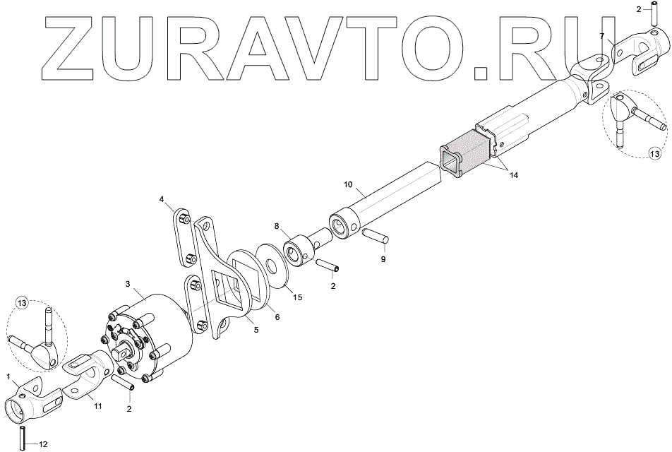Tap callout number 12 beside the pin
click(x=43, y=444)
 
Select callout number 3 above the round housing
click(x=128, y=283)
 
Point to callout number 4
click(x=162, y=199)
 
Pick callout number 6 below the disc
click(x=277, y=317)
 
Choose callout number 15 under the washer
click(x=297, y=297)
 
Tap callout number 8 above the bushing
click(x=277, y=227)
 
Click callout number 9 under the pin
click(x=383, y=259)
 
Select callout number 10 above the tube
click(x=347, y=185)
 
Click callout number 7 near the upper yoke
click(x=602, y=35)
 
